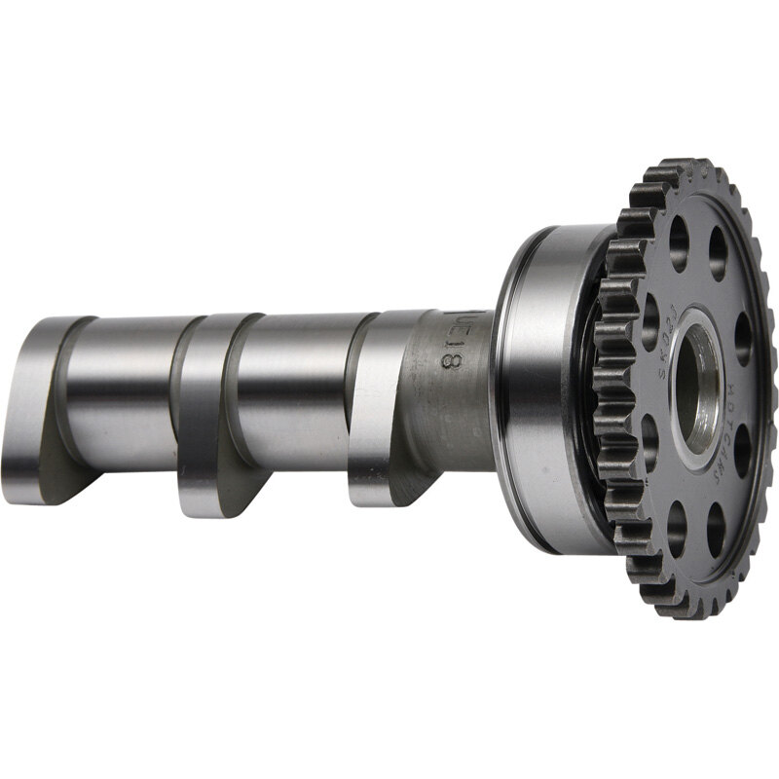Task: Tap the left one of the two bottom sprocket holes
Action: pyautogui.click(x=677, y=531)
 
